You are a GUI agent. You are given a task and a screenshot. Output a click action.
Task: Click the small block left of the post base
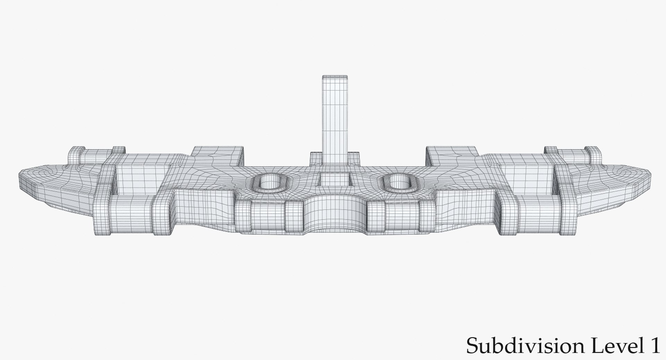tap(316, 158)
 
